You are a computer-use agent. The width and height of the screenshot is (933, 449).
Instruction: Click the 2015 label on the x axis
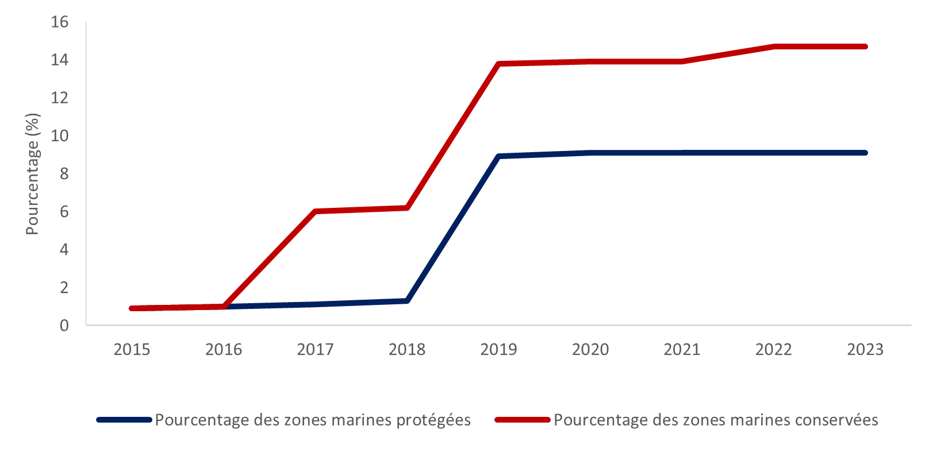[x=132, y=350]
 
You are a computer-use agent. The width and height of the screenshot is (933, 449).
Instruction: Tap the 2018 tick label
[x=407, y=350]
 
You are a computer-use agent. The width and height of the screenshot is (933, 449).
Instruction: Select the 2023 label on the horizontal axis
[x=865, y=350]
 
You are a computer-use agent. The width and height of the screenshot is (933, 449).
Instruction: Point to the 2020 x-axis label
[x=590, y=350]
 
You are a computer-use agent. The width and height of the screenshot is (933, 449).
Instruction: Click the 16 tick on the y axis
[x=60, y=22]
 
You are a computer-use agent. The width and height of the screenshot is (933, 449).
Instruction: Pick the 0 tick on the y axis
[x=64, y=326]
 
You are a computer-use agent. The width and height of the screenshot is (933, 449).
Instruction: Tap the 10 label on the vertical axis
[x=60, y=136]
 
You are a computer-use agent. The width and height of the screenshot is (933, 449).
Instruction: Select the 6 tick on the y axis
[x=64, y=212]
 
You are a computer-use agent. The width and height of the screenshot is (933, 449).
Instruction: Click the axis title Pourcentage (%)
[x=32, y=174]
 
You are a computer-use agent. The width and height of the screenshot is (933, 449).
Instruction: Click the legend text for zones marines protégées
[x=313, y=420]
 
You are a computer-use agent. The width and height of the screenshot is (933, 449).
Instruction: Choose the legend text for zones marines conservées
[x=716, y=420]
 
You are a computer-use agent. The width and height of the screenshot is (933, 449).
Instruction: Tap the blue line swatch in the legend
[x=124, y=420]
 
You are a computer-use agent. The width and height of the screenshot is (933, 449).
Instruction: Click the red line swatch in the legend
[x=522, y=420]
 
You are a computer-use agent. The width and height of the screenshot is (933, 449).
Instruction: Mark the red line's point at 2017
[x=316, y=211]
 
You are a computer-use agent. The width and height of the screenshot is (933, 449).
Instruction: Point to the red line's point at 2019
[x=499, y=64]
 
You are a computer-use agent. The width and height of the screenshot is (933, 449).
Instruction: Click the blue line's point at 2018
[x=407, y=301]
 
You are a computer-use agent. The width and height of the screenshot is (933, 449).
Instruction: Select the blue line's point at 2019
[x=499, y=156]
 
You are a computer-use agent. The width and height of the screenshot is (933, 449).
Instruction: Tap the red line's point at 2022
[x=774, y=47]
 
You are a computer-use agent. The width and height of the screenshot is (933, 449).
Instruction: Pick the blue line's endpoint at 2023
[x=865, y=153]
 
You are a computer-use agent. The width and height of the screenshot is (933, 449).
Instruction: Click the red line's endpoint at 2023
[x=865, y=47]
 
